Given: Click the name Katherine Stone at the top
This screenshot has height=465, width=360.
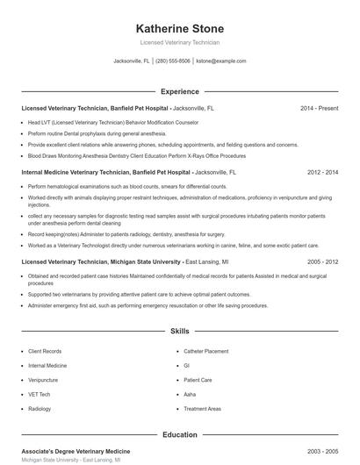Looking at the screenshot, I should pos(180,28).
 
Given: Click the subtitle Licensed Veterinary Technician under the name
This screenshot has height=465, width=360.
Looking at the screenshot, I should pos(180,42).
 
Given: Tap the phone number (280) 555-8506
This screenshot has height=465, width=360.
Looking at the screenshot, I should pos(173,61).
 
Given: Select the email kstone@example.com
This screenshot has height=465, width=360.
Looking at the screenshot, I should pos(221,61).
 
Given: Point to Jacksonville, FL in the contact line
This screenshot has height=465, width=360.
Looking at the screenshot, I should pos(132,61).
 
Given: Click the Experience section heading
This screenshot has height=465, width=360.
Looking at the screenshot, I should pos(180,91).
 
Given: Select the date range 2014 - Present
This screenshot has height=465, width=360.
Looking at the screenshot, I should pos(319,108).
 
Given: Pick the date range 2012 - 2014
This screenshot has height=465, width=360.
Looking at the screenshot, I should pos(321,174).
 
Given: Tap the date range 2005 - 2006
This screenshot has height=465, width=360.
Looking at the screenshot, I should pos(321,261).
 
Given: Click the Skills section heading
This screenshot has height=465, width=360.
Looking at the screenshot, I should pos(180,332).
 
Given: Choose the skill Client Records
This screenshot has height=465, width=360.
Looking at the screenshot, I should pos(45,351).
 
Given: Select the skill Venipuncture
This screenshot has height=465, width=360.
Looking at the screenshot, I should pos(43,380).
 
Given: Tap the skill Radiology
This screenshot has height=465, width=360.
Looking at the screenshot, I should pos(40,409).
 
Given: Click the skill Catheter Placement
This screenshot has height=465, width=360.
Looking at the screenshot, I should pos(205,351).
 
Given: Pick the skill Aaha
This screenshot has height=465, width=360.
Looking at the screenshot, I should pos(190,395).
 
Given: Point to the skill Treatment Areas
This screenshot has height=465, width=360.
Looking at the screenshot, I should pos(202,409).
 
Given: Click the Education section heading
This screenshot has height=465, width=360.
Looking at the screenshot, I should pos(180,434).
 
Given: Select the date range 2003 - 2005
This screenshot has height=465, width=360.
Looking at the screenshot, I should pos(321,450).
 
